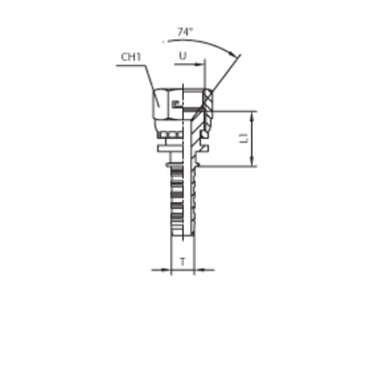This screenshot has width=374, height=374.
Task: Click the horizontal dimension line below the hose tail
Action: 182,269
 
